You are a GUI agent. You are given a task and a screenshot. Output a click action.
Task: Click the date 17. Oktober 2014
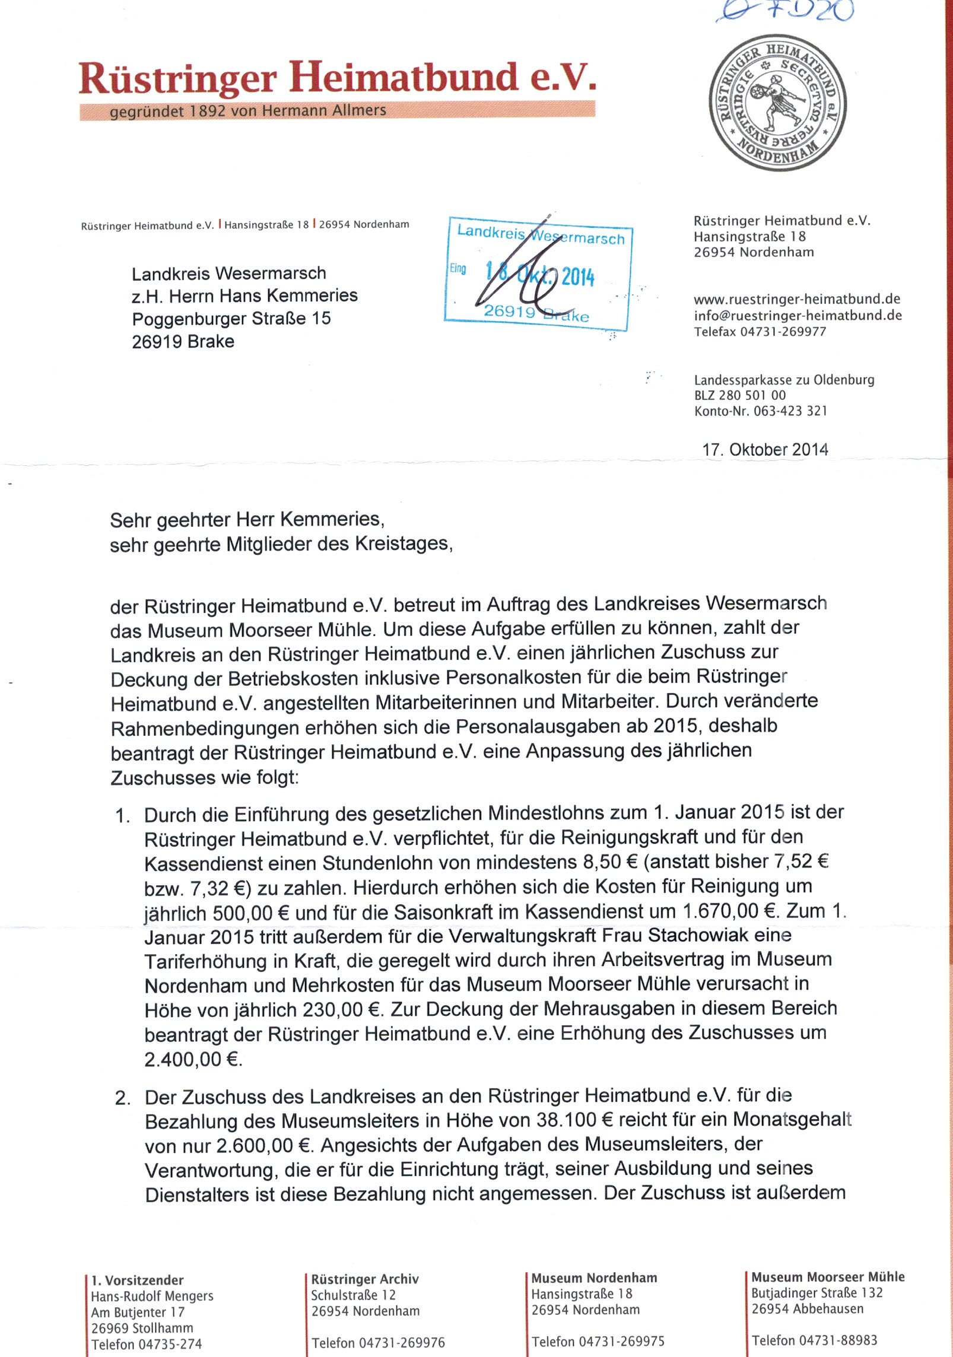tap(765, 449)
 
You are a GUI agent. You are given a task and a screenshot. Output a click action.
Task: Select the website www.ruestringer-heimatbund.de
tap(797, 300)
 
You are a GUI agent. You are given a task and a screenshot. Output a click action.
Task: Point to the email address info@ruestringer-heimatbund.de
tap(798, 316)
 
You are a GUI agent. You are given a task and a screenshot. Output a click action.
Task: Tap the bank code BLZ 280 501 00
tap(740, 395)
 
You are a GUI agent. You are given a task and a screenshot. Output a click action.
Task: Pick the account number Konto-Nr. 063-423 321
tap(761, 411)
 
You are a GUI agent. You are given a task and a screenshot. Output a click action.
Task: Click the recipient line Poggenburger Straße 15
tap(231, 319)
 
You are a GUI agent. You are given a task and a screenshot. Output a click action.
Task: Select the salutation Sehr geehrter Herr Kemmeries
tap(247, 520)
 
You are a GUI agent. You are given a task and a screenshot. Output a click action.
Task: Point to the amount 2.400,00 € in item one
tap(193, 1060)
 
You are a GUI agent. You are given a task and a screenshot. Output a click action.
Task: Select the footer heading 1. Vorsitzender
tap(138, 1280)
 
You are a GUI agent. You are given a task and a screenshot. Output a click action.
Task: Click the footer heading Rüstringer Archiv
tap(365, 1279)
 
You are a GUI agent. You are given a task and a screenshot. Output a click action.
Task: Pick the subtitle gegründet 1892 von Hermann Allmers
tap(248, 111)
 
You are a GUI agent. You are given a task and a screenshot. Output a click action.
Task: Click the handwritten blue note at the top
tap(784, 12)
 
